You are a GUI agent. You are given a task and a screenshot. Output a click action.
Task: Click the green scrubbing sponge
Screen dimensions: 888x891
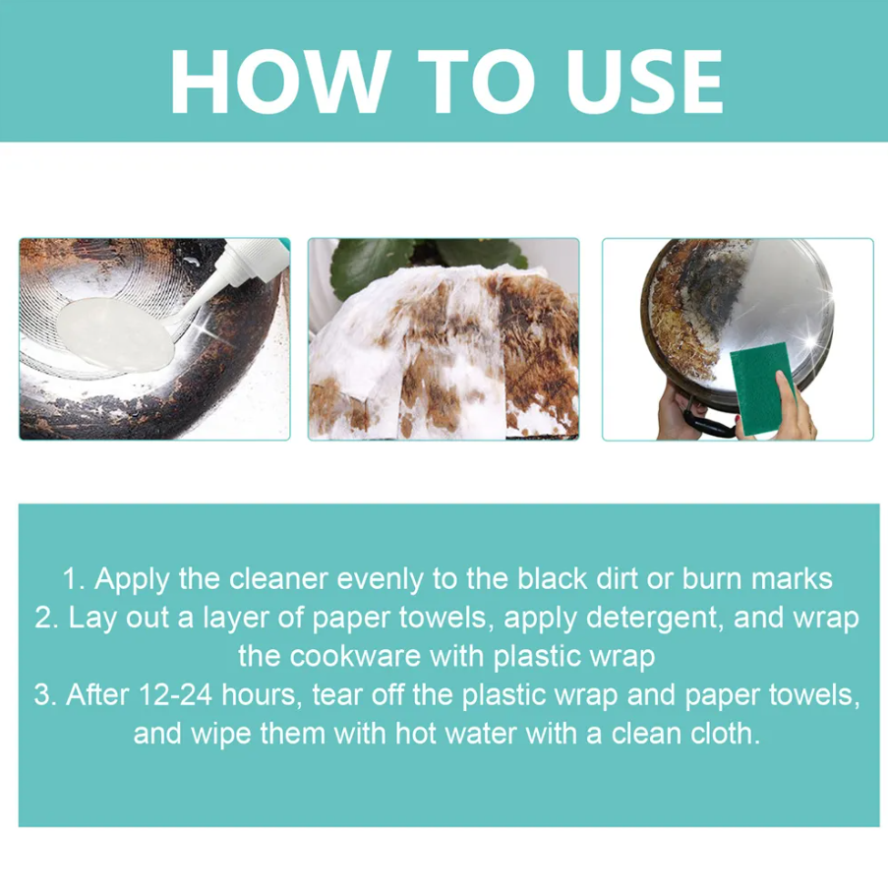(x=762, y=388)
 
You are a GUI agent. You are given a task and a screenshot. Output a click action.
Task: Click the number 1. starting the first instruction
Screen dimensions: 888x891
(x=76, y=579)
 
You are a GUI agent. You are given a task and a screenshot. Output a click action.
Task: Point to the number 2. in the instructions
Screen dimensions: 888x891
(x=46, y=619)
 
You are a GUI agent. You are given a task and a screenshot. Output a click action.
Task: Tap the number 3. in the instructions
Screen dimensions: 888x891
(x=46, y=695)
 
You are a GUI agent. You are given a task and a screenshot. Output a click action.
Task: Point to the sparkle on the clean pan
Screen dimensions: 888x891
(x=808, y=342)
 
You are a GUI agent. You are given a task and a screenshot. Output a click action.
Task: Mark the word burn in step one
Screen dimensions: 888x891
(x=712, y=579)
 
